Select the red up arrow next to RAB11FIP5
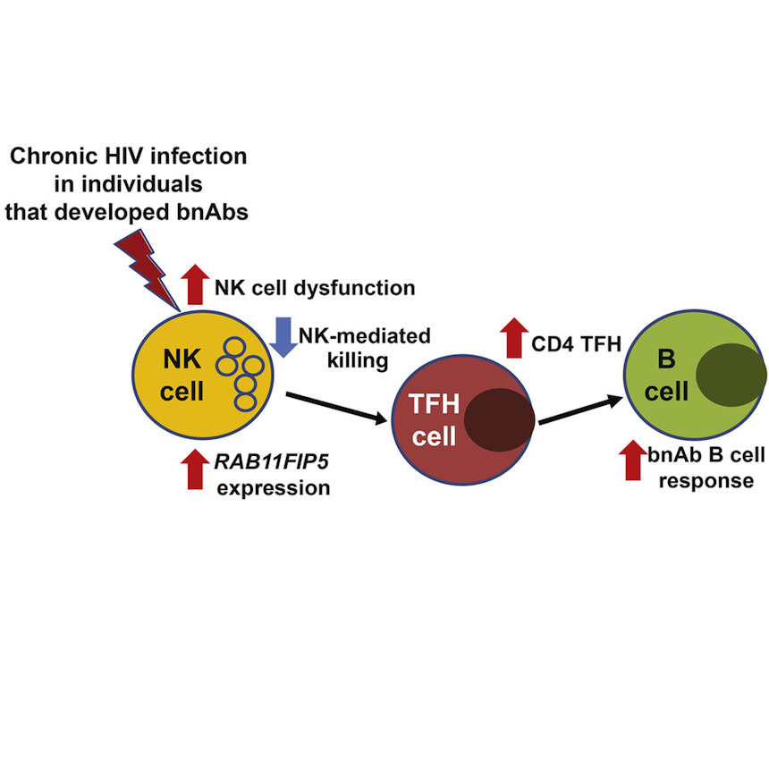point(194,469)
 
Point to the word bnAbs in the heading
point(213,207)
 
